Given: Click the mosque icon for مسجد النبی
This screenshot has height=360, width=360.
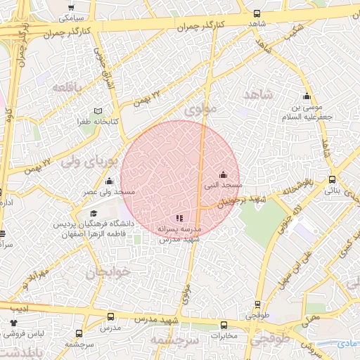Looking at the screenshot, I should (224, 174).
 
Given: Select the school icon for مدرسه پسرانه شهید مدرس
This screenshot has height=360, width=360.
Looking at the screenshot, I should (179, 219).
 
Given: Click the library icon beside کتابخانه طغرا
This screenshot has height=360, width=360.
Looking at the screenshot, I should (98, 111).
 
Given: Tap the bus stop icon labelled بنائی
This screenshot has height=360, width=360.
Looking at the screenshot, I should (333, 180).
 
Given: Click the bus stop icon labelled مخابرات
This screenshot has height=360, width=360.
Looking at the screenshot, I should (224, 325).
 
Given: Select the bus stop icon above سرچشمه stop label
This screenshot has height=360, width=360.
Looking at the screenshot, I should (79, 334).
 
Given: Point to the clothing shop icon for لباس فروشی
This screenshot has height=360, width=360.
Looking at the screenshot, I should (13, 323).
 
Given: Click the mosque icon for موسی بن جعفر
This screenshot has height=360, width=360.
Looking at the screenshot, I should (306, 96).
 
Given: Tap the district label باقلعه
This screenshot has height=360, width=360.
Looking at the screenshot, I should (67, 87).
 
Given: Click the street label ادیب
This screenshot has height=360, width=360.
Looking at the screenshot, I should (20, 307).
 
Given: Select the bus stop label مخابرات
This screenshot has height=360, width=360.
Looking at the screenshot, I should (224, 335).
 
